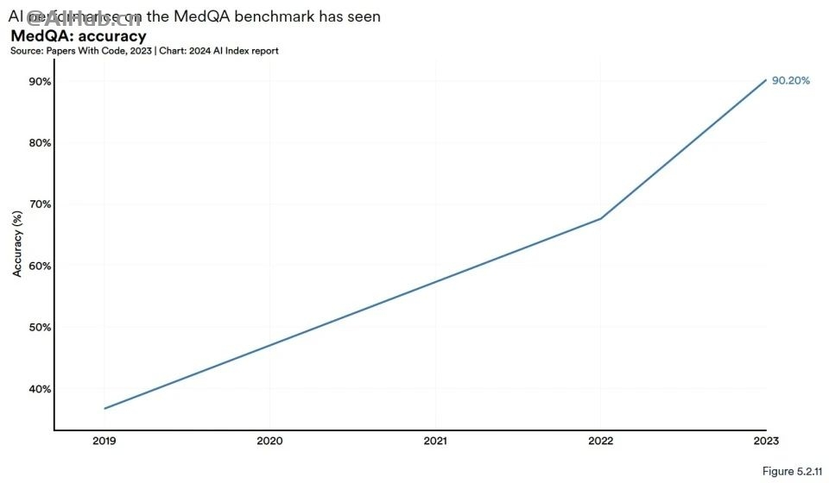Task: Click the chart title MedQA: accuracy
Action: (78, 36)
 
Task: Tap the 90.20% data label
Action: (790, 80)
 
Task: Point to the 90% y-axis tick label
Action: (40, 81)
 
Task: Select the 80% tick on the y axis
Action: (40, 142)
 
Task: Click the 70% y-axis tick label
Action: (40, 204)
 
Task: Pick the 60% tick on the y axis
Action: (40, 266)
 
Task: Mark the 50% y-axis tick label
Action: (40, 327)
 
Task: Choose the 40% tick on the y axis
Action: (40, 389)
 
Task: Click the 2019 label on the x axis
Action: (104, 442)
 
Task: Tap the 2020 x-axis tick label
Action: (269, 442)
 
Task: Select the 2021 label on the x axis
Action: (435, 442)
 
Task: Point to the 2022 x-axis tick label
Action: (601, 442)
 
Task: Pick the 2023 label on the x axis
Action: (766, 442)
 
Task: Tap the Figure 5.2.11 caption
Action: (789, 471)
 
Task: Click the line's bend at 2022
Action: (601, 218)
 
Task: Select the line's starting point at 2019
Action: (104, 408)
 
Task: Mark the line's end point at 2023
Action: (766, 80)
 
